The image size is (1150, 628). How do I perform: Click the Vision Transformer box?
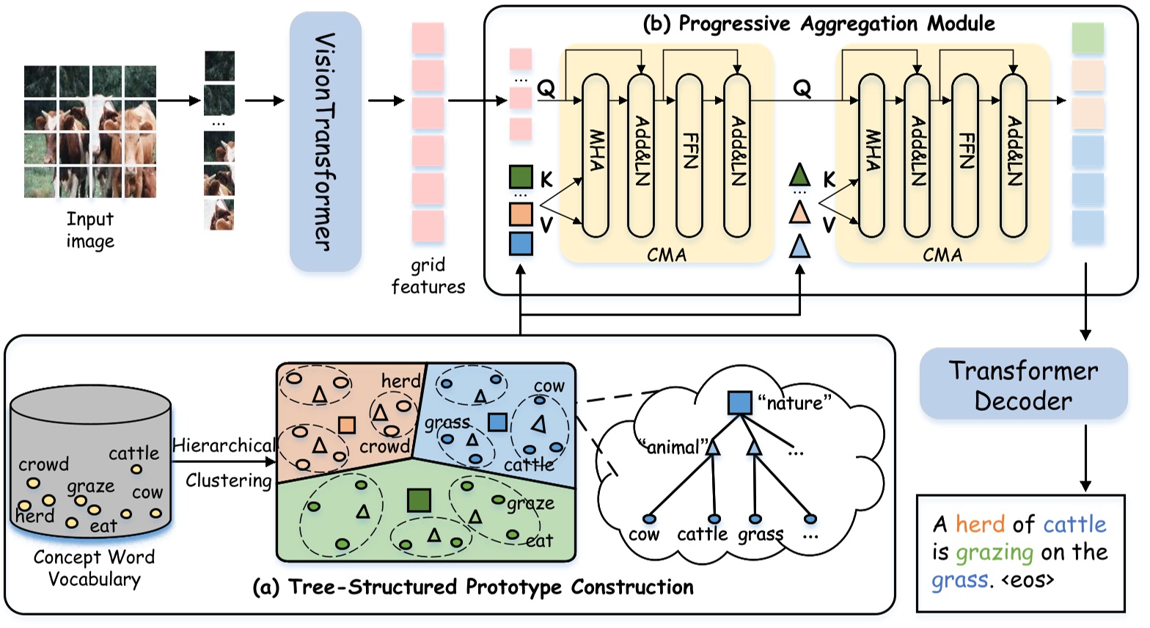325,142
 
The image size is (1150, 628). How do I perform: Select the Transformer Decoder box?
1023,385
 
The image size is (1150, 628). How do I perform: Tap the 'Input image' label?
90,230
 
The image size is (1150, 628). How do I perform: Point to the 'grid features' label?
428,276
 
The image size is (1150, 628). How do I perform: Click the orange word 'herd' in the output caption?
980,525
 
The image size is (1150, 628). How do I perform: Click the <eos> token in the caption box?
1028,580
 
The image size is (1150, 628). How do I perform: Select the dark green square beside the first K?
521,178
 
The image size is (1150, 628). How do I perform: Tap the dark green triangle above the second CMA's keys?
799,175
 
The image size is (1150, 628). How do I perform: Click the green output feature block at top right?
1088,38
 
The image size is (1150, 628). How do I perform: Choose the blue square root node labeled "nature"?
739,403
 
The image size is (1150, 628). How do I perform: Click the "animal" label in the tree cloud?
673,447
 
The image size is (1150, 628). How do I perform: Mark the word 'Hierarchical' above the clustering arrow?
224,445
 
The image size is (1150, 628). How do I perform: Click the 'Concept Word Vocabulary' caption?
94,568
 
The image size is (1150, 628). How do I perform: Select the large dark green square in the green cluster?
419,500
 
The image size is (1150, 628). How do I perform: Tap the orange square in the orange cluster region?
347,425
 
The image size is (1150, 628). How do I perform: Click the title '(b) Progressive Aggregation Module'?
818,23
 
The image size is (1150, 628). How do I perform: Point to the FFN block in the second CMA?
964,155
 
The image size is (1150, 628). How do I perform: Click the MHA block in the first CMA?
596,155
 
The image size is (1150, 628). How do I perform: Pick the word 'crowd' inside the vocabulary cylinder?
44,464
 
